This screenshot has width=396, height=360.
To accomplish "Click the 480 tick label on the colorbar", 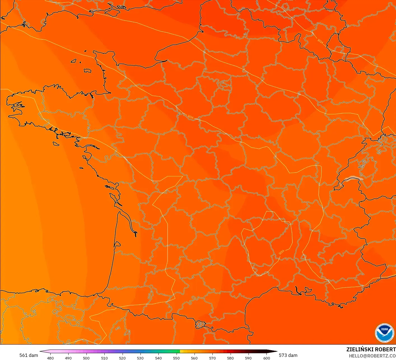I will click(50, 358).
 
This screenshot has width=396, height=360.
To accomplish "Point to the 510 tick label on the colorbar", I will click(104, 358).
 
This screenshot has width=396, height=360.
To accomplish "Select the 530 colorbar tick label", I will click(140, 358).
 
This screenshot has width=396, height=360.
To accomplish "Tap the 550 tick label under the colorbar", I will click(176, 358).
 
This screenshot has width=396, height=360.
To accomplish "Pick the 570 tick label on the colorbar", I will click(212, 358).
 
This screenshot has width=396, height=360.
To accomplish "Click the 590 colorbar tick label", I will click(248, 358).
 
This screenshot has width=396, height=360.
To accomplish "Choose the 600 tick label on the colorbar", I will click(266, 358).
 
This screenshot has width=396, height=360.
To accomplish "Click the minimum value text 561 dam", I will click(29, 355).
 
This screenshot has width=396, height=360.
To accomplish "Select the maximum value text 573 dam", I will click(288, 355).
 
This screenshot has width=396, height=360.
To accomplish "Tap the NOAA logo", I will click(384, 333).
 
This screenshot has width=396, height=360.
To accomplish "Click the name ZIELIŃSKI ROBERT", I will click(371, 349).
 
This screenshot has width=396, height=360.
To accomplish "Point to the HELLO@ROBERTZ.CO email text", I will click(372, 356).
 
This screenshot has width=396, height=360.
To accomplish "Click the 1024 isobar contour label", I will click(320, 41).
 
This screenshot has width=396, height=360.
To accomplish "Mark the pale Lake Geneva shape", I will click(353, 178).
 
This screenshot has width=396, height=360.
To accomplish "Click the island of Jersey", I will click(88, 71).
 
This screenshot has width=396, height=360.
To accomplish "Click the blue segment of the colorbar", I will click(132, 351).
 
